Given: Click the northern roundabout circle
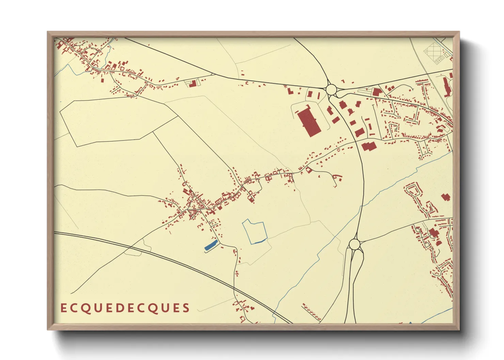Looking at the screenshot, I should tap(331, 90).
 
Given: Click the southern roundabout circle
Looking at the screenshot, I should tap(355, 244).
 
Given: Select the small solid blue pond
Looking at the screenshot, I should tap(211, 245).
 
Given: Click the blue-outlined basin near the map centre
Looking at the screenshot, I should tap(254, 232).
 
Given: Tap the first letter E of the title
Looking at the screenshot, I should tap(63, 308).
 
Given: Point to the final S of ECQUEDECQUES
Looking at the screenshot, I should tap(186, 308).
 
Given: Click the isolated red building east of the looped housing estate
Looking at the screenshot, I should tap(446, 197).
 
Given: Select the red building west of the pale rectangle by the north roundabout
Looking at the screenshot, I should tap(290, 91).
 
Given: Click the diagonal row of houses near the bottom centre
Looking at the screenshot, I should tap(312, 312).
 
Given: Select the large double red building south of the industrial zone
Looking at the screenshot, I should tap(368, 146).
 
